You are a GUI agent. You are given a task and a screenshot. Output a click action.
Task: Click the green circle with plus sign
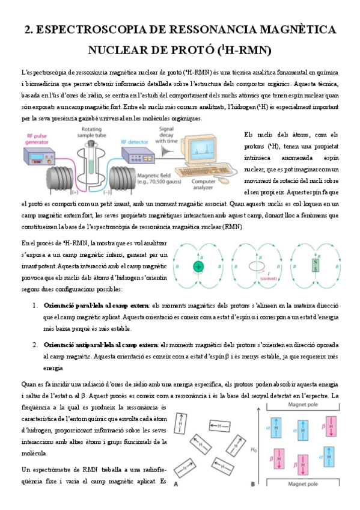point(197,266)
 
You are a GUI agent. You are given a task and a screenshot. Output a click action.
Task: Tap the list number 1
point(35,306)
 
